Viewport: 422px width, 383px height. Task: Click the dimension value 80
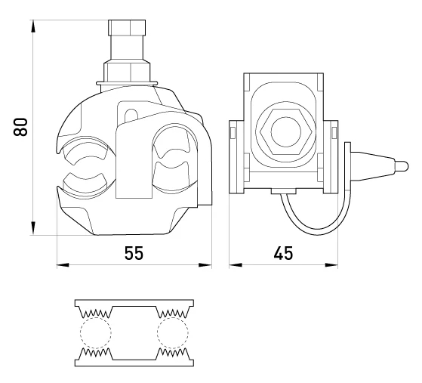[x=20, y=127]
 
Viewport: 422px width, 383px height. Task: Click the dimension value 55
[x=134, y=253]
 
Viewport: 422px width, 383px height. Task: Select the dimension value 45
[x=283, y=253]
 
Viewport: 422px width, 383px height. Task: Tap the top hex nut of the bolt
[x=127, y=27]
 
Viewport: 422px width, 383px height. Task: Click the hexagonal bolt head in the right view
[x=286, y=132]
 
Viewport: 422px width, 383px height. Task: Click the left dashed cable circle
[x=96, y=332]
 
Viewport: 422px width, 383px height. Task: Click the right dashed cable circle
[x=173, y=332]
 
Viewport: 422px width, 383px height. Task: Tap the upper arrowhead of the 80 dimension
[x=33, y=26]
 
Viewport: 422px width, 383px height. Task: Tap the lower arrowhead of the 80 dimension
[x=33, y=228]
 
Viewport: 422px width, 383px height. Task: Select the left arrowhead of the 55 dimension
[x=63, y=265]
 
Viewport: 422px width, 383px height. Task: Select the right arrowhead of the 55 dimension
[x=205, y=265]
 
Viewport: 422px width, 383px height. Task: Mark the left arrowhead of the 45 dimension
[x=236, y=265]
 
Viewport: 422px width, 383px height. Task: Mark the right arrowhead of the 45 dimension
[x=331, y=265]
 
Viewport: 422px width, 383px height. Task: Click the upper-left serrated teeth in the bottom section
[x=96, y=313]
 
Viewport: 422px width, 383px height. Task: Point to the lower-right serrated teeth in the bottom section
[x=173, y=352]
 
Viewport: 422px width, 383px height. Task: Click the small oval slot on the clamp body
[x=131, y=115]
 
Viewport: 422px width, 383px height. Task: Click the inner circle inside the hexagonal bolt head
[x=286, y=132]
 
